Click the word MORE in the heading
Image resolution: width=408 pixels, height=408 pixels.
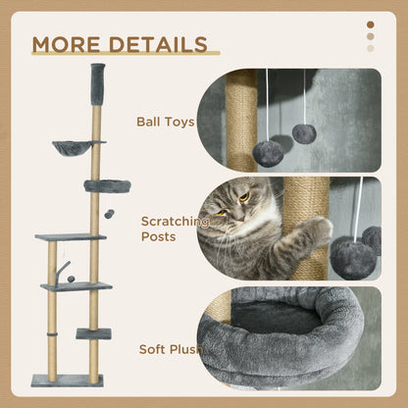(66, 45)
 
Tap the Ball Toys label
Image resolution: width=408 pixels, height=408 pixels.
(165, 123)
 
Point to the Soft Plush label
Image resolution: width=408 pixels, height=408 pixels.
(170, 348)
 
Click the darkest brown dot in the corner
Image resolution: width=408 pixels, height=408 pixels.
(370, 25)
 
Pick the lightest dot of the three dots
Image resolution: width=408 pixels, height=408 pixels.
(370, 48)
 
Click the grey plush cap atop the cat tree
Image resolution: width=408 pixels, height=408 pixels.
(97, 77)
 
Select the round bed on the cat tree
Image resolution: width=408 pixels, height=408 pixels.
(107, 185)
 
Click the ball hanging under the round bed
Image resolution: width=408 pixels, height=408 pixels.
(109, 213)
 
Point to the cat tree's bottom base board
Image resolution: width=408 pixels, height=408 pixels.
(66, 380)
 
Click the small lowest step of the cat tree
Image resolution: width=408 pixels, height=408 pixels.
(93, 333)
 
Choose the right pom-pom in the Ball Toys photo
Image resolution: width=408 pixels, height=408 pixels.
(304, 132)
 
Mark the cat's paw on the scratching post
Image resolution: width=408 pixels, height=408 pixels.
(317, 230)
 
